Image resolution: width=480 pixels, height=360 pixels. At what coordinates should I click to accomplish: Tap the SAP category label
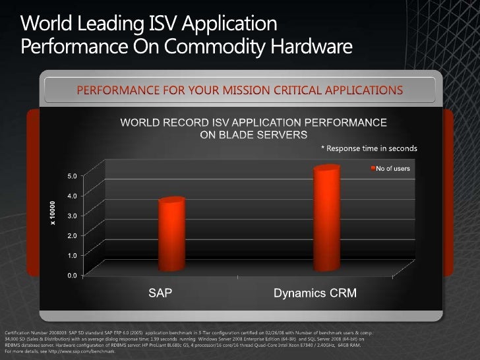click(x=159, y=292)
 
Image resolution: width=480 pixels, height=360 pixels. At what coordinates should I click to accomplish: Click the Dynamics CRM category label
click(x=315, y=292)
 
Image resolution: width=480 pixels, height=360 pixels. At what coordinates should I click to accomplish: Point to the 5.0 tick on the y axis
click(x=71, y=176)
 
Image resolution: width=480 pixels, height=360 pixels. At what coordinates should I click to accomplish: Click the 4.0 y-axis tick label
click(x=71, y=196)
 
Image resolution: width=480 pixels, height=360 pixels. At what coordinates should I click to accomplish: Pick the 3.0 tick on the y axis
click(x=71, y=216)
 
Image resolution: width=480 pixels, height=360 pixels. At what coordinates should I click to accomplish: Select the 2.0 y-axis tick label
click(x=71, y=235)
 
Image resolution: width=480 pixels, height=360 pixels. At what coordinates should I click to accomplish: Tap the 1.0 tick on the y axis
click(x=71, y=255)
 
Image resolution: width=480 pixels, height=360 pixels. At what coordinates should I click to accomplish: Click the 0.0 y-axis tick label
click(x=71, y=275)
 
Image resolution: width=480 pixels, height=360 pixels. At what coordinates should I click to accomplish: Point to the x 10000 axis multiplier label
click(x=53, y=213)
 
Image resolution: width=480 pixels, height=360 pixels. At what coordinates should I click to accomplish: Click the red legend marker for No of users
click(x=371, y=169)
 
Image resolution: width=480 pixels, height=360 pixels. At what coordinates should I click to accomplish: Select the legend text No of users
click(x=393, y=169)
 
